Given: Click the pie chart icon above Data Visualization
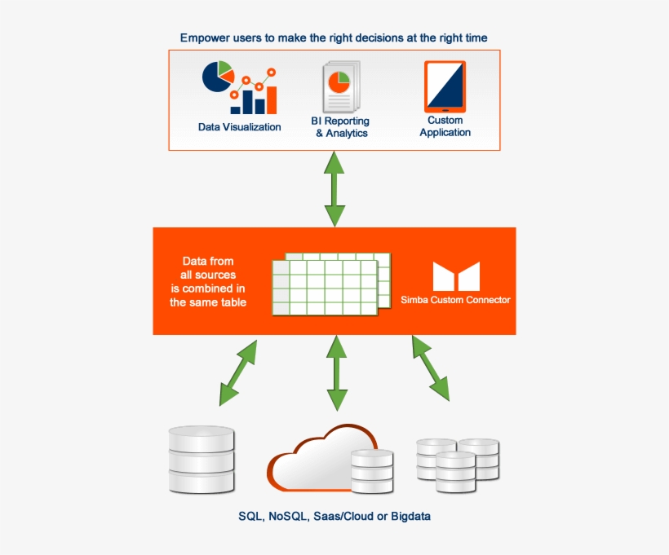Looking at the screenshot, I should click(x=217, y=77).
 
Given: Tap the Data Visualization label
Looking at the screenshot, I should click(x=239, y=127).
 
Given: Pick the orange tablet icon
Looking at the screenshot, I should click(x=445, y=86).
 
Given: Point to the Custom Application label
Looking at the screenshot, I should click(x=445, y=126).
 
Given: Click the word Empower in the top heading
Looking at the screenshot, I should click(x=205, y=37).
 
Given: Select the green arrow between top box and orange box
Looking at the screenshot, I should click(x=334, y=189).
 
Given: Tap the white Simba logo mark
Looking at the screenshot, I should click(x=455, y=277).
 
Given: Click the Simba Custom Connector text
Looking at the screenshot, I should click(x=455, y=300).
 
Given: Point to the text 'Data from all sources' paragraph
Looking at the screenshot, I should click(x=208, y=282).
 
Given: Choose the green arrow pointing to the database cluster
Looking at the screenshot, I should click(x=430, y=368).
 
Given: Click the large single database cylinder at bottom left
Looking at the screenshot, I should click(x=202, y=458).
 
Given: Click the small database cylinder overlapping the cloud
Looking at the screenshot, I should click(x=371, y=470).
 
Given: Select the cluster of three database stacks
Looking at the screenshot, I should click(x=457, y=462).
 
